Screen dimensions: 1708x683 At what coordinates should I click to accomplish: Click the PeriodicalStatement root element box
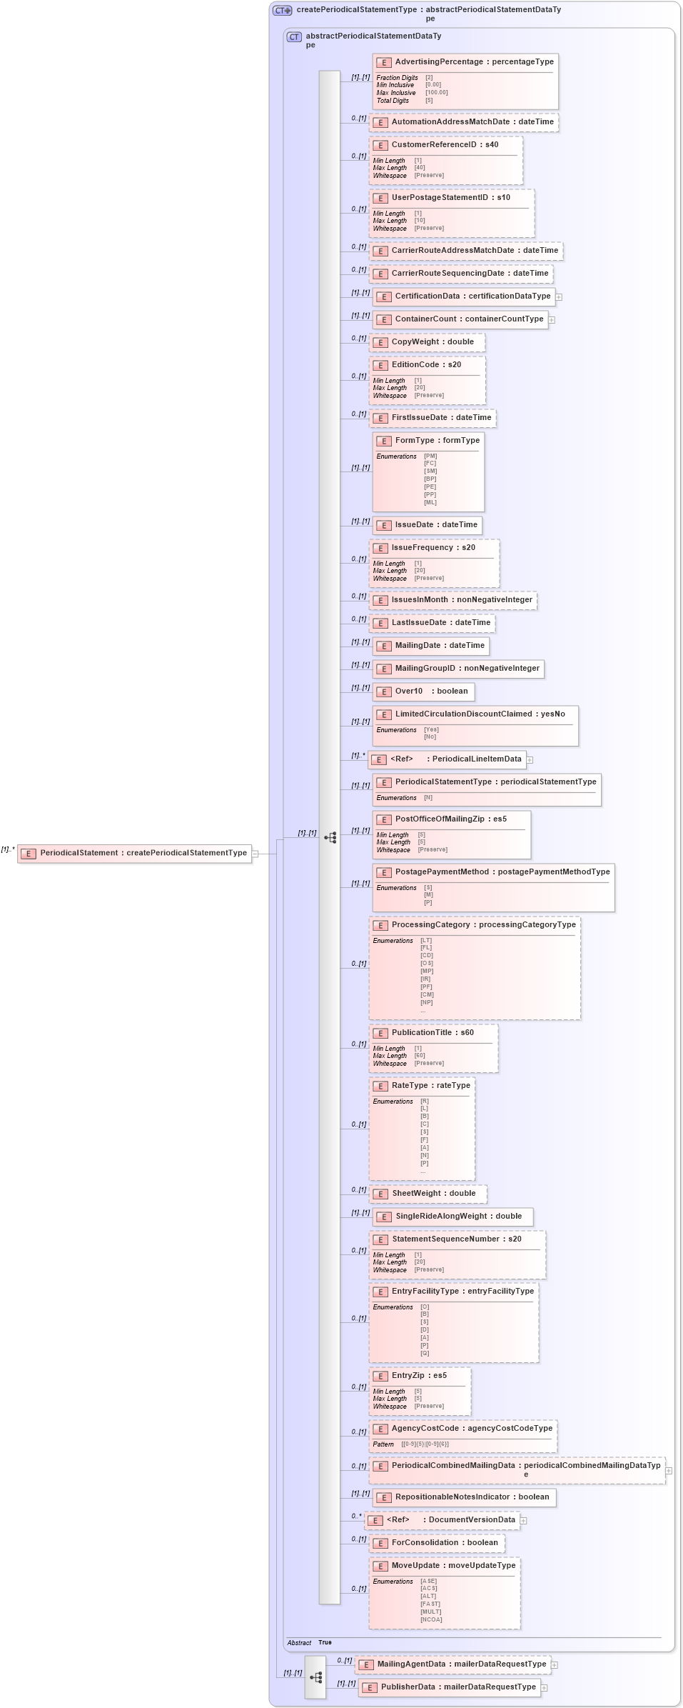(x=135, y=853)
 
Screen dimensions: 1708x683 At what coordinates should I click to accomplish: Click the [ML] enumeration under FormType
(x=430, y=502)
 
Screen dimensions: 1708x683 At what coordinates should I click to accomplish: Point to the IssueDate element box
(x=427, y=525)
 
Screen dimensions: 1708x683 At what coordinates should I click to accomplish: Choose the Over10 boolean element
(x=423, y=691)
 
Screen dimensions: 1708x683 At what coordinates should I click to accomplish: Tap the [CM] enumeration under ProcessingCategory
(x=427, y=994)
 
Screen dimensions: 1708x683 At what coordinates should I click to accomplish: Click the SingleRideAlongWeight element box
(x=452, y=1217)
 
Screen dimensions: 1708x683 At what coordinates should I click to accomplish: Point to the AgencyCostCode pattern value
(x=425, y=1444)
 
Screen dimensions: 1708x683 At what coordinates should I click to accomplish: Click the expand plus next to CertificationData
(x=559, y=297)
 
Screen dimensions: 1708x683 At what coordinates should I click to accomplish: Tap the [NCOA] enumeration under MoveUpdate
(x=431, y=1619)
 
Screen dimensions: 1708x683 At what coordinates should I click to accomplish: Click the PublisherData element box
(x=449, y=1687)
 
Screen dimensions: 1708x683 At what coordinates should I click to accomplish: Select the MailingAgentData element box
(x=452, y=1664)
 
